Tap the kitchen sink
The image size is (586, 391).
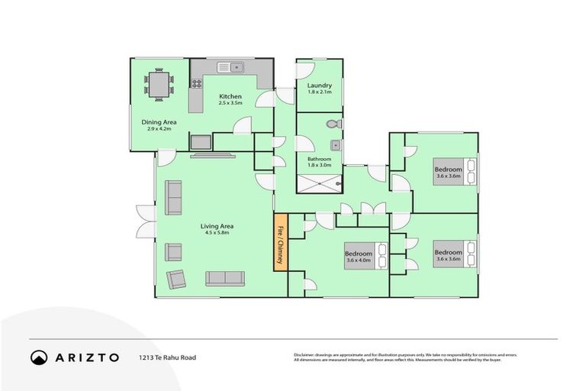click(232, 66)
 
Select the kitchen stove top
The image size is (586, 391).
click(196, 84)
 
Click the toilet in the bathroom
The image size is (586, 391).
click(332, 124)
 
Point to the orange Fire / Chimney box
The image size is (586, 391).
click(280, 242)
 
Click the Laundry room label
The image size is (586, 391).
click(319, 89)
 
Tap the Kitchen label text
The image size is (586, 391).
click(230, 99)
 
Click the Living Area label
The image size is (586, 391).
click(217, 229)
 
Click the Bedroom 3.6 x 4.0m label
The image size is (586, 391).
click(358, 257)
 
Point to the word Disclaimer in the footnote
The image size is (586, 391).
click(306, 354)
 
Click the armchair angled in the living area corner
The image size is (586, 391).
click(175, 280)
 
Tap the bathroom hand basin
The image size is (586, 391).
click(334, 144)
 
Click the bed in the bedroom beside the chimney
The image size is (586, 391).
click(378, 257)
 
